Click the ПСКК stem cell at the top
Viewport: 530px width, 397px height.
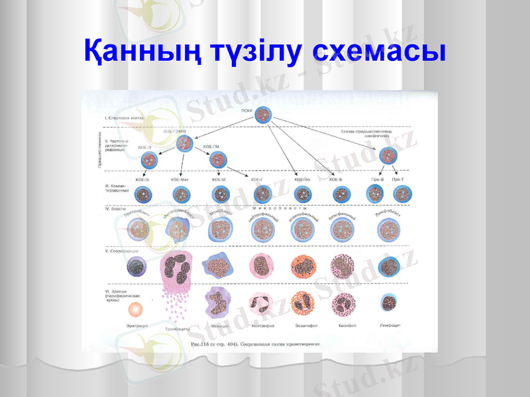coord(264,115)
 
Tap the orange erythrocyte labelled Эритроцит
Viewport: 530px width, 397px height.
coord(136,308)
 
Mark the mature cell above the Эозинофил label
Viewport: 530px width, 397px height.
coord(303,304)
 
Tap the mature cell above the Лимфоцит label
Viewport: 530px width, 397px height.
coord(389,303)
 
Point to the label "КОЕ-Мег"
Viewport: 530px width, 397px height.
coord(180,179)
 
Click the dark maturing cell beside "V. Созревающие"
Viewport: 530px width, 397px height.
coord(137,266)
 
